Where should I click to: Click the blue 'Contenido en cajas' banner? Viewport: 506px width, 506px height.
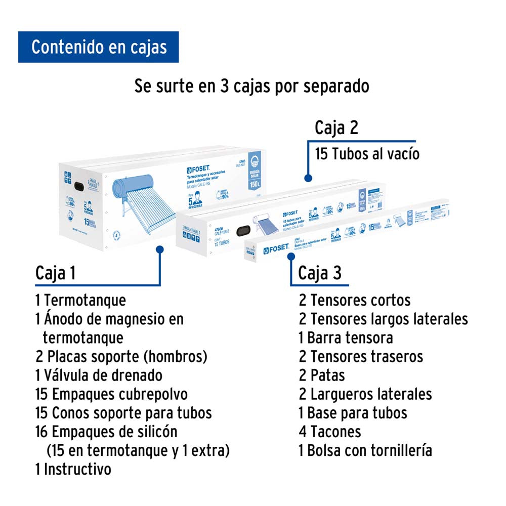pyautogui.click(x=99, y=47)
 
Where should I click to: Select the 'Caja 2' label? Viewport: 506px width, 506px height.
pyautogui.click(x=336, y=128)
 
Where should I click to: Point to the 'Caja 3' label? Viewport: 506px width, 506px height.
pyautogui.click(x=320, y=273)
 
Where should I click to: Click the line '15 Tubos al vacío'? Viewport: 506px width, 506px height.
pyautogui.click(x=367, y=153)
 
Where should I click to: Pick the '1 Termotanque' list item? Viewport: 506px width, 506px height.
pyautogui.click(x=80, y=300)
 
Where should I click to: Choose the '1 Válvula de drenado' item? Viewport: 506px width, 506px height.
pyautogui.click(x=99, y=375)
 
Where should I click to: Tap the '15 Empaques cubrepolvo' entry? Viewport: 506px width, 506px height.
pyautogui.click(x=111, y=394)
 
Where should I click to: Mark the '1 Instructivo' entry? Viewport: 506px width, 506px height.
pyautogui.click(x=73, y=469)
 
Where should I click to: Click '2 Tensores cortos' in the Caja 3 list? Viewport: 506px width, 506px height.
pyautogui.click(x=354, y=300)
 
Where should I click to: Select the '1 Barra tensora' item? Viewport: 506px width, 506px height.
pyautogui.click(x=346, y=338)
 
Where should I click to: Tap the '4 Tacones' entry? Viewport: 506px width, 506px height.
pyautogui.click(x=330, y=432)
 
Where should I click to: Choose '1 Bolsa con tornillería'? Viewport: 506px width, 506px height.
pyautogui.click(x=365, y=450)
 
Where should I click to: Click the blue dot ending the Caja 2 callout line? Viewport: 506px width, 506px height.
pyautogui.click(x=307, y=178)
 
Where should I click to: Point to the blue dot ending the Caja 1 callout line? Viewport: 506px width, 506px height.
pyautogui.click(x=160, y=249)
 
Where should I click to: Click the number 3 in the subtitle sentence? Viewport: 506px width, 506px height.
pyautogui.click(x=225, y=86)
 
